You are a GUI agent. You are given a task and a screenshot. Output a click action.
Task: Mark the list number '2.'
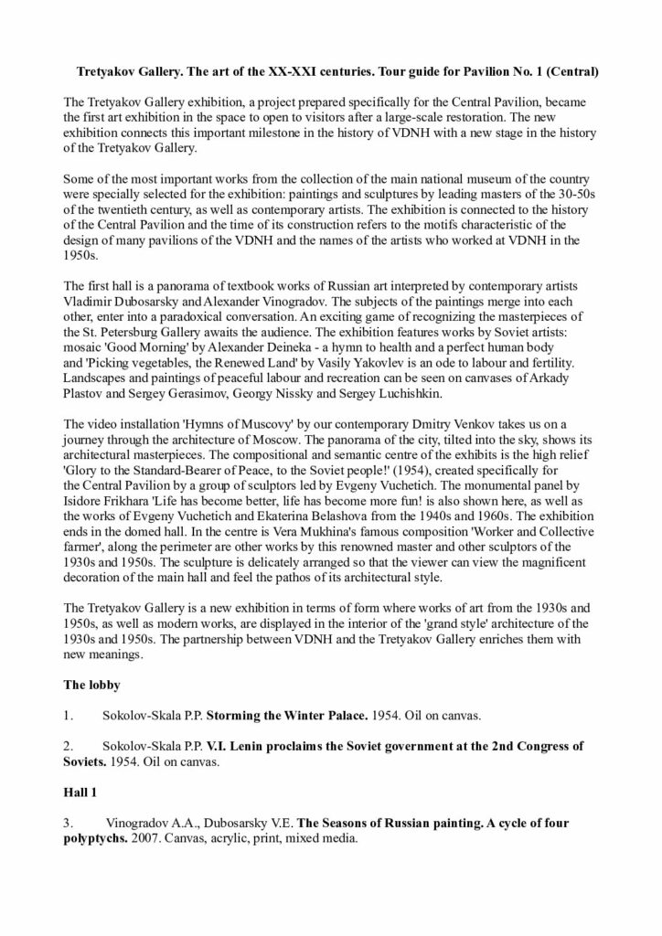click(68, 746)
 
